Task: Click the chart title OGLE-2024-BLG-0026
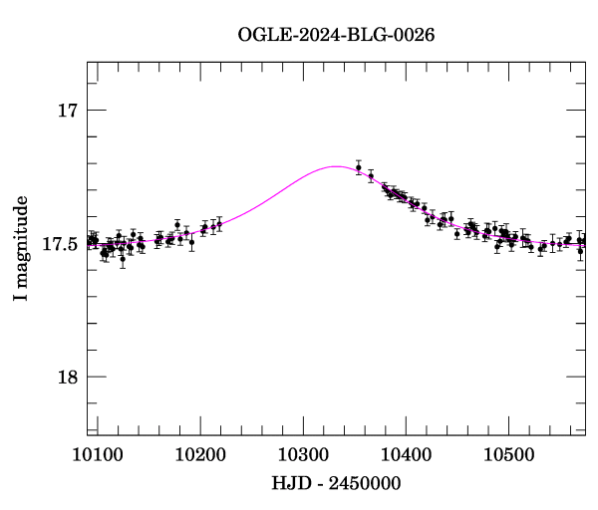[x=336, y=35]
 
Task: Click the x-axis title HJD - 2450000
[x=337, y=482]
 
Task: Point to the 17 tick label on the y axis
[x=67, y=111]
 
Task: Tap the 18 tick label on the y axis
[x=67, y=377]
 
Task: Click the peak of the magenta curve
[x=334, y=166]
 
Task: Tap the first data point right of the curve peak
[x=359, y=167]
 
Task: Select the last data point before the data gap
[x=219, y=225]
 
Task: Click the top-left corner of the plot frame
[x=88, y=62]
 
